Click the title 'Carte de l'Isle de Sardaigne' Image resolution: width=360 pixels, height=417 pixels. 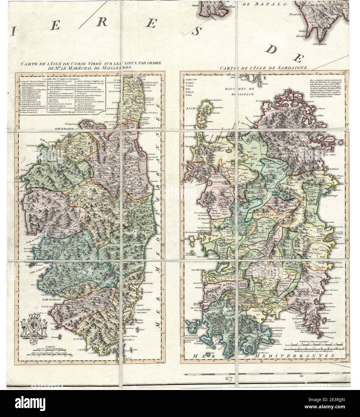tap(263, 68)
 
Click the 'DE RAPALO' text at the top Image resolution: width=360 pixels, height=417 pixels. tap(267, 4)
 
